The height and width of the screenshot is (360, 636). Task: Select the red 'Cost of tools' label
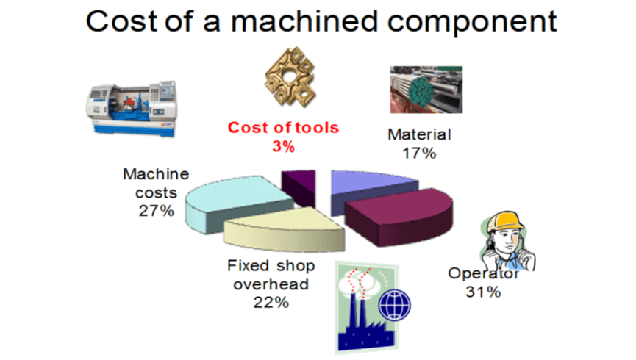click(x=284, y=127)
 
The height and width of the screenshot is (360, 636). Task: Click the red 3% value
click(x=283, y=145)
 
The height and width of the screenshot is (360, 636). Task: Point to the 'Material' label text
click(x=419, y=135)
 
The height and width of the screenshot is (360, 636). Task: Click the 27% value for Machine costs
click(x=156, y=212)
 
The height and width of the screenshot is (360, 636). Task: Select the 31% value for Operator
click(x=483, y=292)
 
